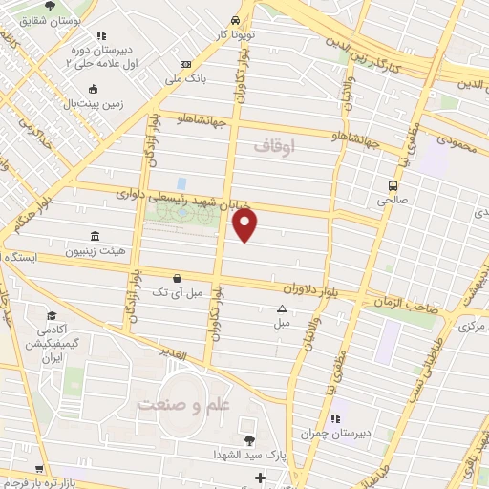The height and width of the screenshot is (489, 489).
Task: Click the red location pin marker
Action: tap(245, 224)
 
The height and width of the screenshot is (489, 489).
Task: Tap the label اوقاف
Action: tap(277, 146)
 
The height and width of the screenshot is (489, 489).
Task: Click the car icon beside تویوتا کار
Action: tap(235, 21)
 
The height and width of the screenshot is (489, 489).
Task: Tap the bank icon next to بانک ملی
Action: tap(185, 64)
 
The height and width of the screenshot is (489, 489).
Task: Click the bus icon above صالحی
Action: tap(393, 185)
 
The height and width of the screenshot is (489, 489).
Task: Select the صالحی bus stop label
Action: tap(393, 202)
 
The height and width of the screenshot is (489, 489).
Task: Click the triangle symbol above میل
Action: tap(282, 308)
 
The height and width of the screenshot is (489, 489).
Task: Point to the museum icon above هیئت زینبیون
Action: tap(93, 236)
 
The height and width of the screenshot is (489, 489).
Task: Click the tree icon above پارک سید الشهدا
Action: tap(249, 439)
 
